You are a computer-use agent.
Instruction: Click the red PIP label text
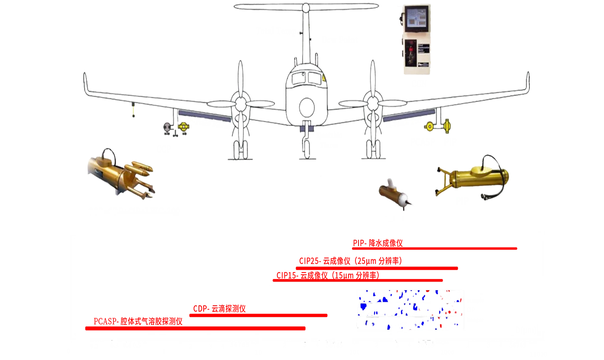point(377,244)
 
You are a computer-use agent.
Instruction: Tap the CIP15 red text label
point(327,275)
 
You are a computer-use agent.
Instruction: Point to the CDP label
point(219,309)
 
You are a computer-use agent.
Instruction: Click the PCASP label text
point(138,321)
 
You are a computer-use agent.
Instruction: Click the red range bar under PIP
point(436,248)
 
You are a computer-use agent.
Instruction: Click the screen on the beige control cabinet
point(413,20)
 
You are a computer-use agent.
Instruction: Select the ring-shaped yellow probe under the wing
point(430,126)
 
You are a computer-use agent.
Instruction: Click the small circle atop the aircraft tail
point(305,7)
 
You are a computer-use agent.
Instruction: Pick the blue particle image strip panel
point(410,309)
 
